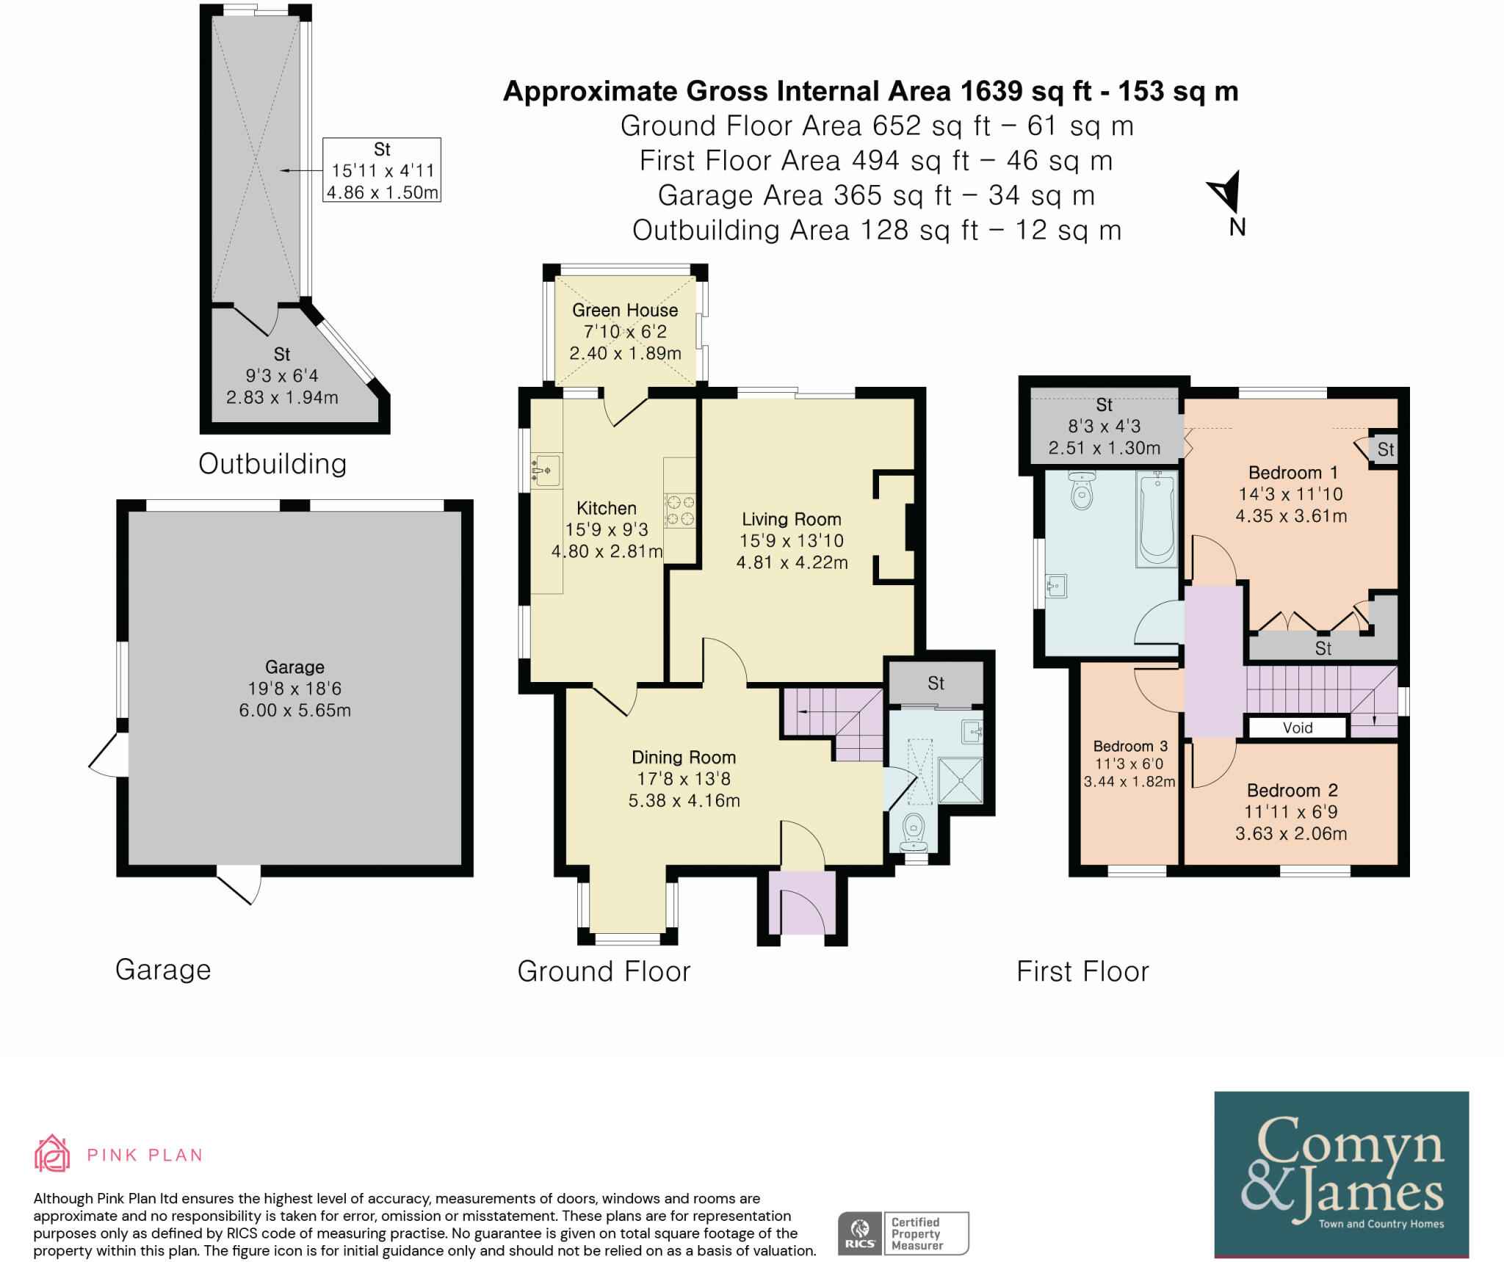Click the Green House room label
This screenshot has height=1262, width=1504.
pos(625,310)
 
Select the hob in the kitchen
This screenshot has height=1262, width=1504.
pos(679,510)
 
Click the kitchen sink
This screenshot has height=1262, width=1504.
pos(546,469)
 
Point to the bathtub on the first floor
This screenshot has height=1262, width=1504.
pos(1156,518)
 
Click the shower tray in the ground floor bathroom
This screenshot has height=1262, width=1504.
pos(960,780)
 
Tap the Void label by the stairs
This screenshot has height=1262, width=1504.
pos(1298,728)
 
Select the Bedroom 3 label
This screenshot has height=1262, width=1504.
pos(1130,746)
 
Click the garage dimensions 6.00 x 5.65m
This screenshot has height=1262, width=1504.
pos(294,710)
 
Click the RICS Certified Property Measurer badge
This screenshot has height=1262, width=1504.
pos(903,1233)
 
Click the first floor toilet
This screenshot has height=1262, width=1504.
pos(1082,490)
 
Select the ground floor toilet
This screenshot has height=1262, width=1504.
pos(914,831)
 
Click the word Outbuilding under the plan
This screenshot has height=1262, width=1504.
pos(272,464)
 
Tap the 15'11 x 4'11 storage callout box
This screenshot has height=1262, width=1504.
pos(382,170)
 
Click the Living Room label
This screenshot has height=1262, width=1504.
pos(791,519)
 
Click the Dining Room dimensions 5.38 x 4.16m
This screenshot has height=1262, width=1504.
pos(684,800)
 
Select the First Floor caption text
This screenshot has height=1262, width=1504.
pos(1082,971)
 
